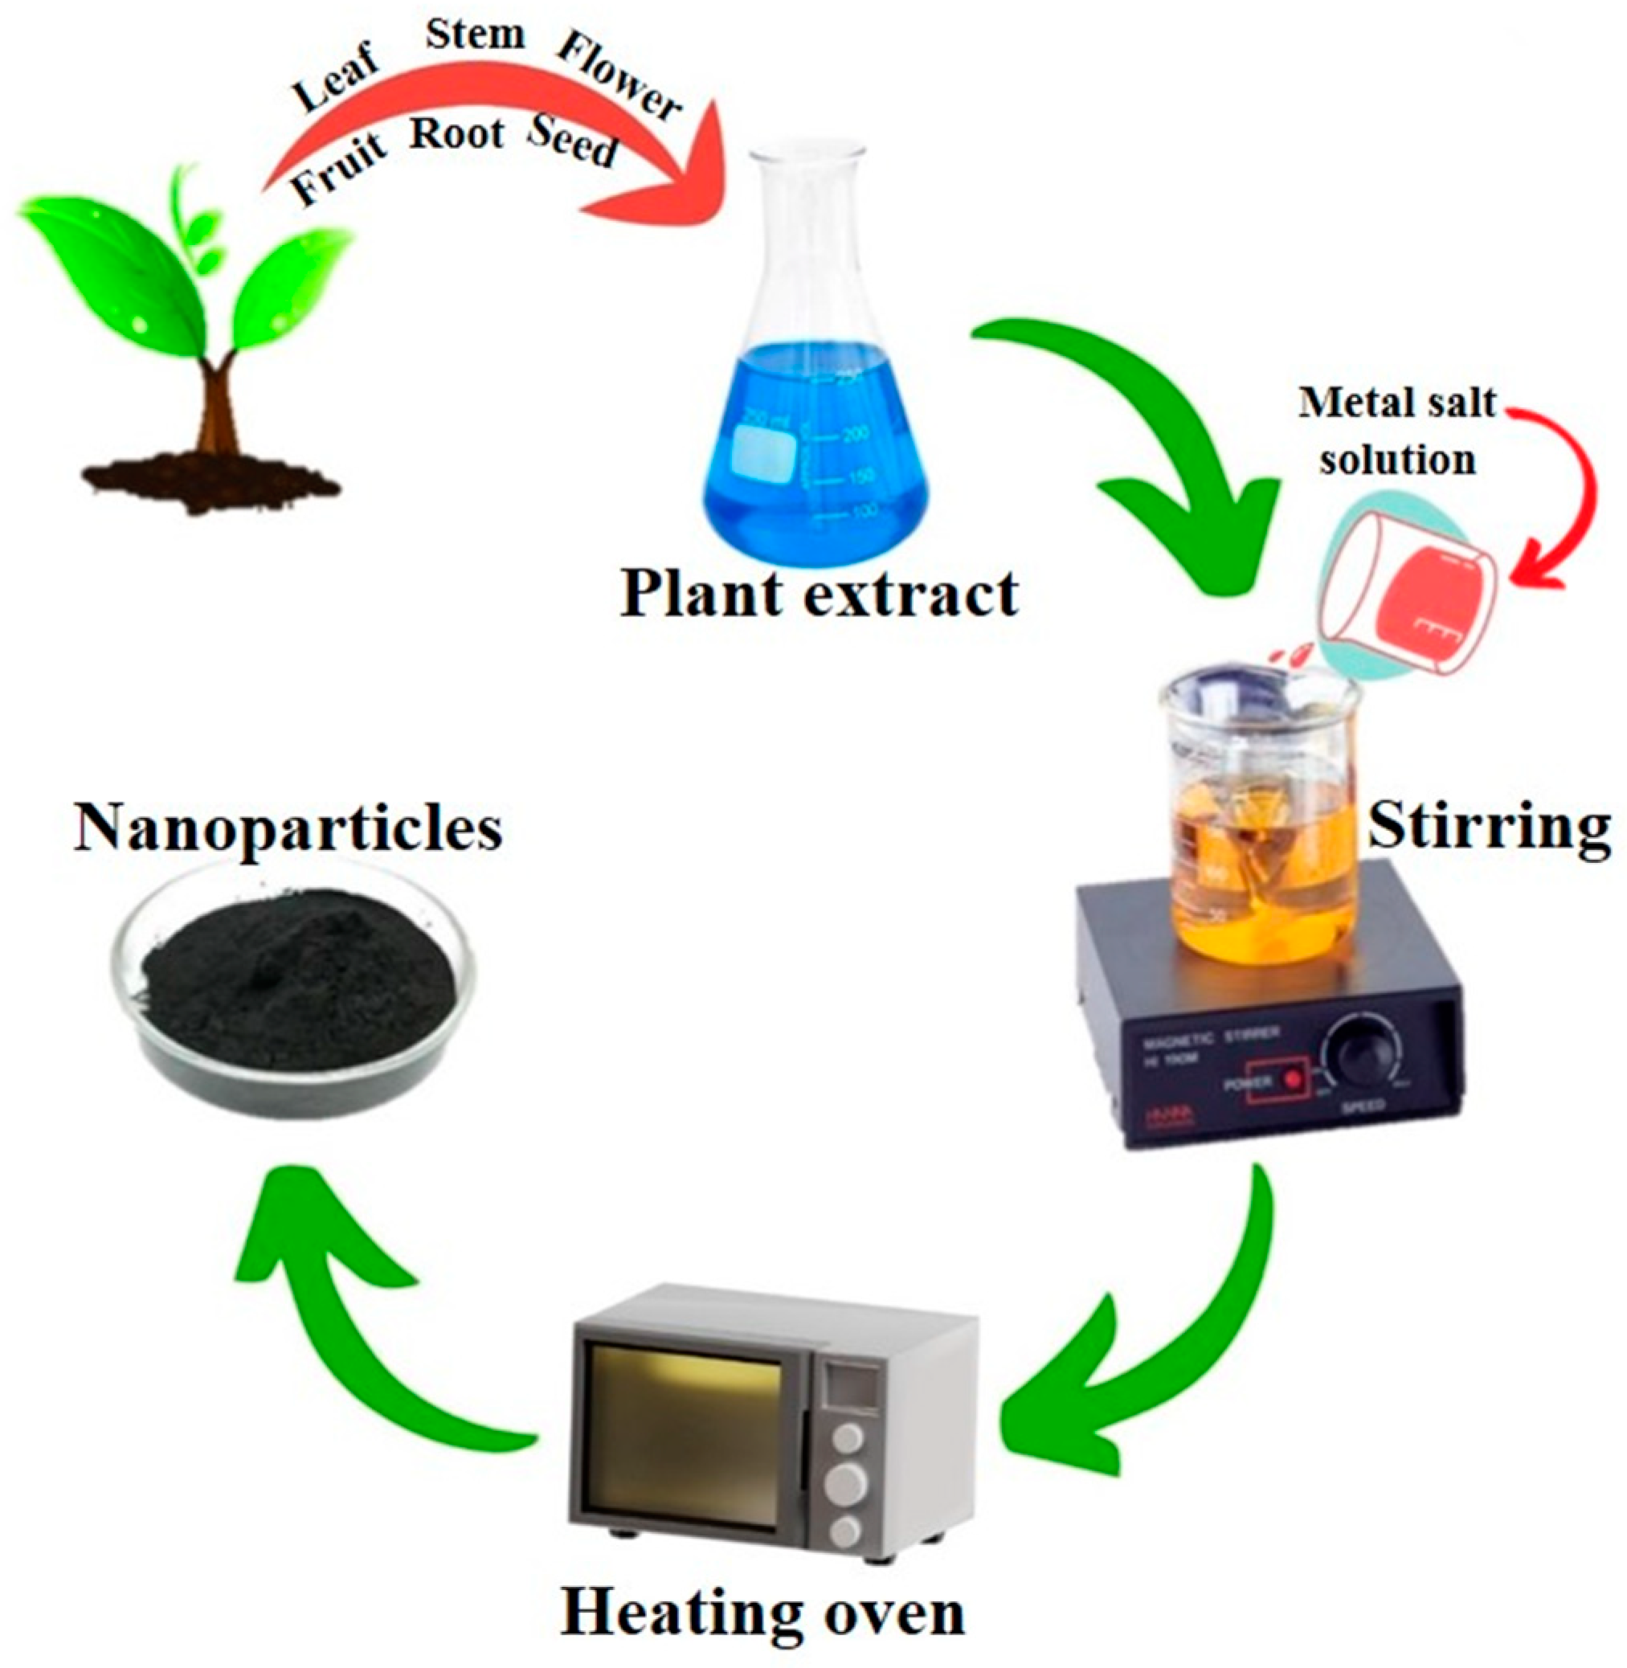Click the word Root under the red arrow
457,135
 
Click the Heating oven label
762,1613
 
